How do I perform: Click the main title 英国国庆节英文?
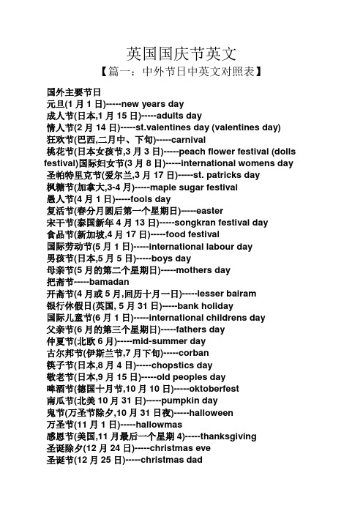click(x=181, y=53)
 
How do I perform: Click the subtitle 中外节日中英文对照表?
click(x=181, y=72)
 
